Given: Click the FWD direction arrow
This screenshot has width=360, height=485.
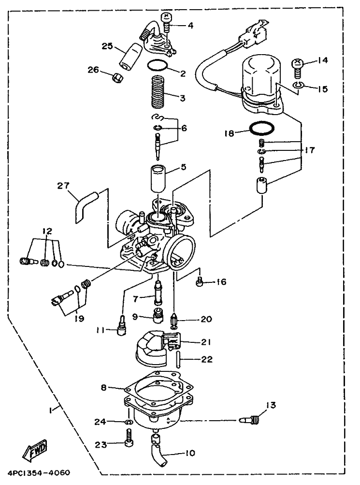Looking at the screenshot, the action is (35, 450).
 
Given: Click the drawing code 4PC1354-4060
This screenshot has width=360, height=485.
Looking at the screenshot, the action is (36, 473).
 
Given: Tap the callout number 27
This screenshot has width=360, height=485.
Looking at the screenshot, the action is (63, 186).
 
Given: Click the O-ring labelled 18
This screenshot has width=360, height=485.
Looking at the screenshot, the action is (262, 128).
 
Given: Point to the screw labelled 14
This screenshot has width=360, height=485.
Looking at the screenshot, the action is (297, 68).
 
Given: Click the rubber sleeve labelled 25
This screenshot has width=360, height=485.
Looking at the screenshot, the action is (130, 56).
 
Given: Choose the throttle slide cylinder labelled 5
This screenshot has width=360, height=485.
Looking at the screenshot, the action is (158, 179).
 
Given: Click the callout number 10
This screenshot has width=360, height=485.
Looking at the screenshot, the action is (190, 453).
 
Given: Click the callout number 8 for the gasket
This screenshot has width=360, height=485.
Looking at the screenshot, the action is (104, 387).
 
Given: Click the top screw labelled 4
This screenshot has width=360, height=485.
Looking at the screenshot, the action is (166, 23).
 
